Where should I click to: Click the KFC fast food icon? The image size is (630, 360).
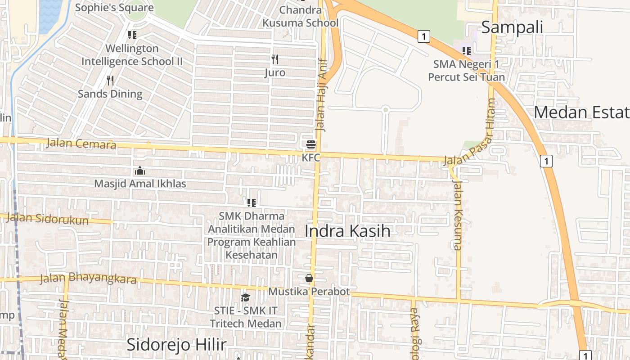[x=311, y=144]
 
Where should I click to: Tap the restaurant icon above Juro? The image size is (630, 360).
[x=275, y=59]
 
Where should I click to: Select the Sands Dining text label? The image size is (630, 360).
[x=110, y=94]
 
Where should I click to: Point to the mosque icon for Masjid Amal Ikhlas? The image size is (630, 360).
[x=140, y=171]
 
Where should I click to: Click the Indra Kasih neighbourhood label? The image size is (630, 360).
[x=347, y=231]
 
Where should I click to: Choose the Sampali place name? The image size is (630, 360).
[x=512, y=27]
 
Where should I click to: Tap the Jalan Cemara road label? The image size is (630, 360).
[x=81, y=144]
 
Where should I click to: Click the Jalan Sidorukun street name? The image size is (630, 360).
[x=48, y=219]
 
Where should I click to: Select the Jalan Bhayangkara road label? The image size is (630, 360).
[x=88, y=279]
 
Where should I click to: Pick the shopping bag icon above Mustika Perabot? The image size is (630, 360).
[x=309, y=278]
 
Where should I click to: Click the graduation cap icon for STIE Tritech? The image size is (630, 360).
[x=245, y=297]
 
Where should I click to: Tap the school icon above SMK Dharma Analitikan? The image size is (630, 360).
[x=252, y=203]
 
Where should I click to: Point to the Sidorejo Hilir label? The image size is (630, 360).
[x=176, y=345]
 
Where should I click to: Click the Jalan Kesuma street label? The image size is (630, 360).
[x=458, y=215]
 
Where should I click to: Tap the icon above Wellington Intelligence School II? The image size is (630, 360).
[x=132, y=35]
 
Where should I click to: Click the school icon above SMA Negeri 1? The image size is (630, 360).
[x=467, y=51]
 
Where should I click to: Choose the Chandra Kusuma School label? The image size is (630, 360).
[x=301, y=16]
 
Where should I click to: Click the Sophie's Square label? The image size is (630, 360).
[x=114, y=7]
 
